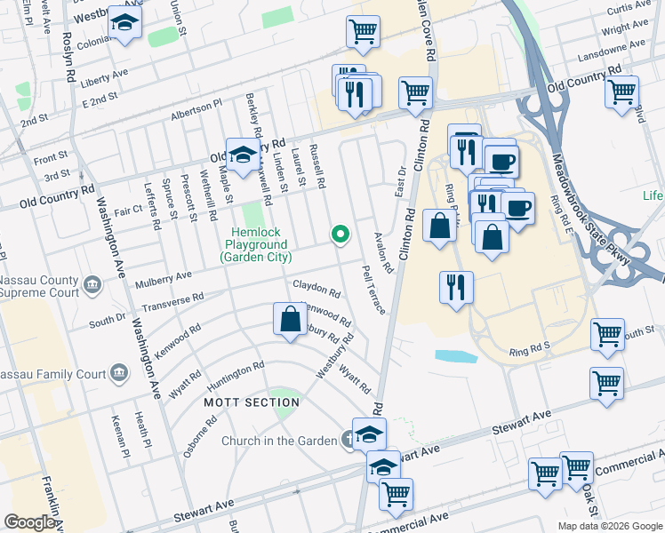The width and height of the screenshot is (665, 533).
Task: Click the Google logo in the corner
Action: pos(29,522)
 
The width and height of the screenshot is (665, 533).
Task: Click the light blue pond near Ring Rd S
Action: pos(454,356)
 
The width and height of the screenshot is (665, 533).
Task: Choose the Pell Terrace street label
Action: pos(373,289)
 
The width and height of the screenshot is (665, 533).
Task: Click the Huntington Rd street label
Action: pos(235,377)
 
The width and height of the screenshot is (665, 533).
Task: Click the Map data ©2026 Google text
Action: pos(609,526)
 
